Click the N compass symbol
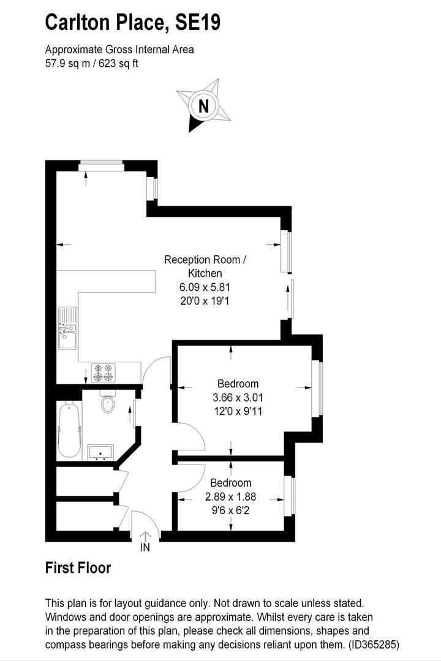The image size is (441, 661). click(x=205, y=105)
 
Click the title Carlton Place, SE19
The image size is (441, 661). click(x=133, y=23)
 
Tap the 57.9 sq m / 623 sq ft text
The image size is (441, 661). click(x=92, y=63)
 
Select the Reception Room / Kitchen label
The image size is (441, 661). click(x=205, y=266)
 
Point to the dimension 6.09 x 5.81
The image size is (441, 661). click(x=205, y=287)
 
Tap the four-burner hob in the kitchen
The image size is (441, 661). click(x=104, y=373)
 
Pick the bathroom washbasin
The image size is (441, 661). click(x=100, y=452)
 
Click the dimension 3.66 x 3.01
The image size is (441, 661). click(x=230, y=397)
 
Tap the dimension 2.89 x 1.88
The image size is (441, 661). click(x=230, y=496)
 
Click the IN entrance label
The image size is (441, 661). click(x=145, y=547)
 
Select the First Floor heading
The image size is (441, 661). click(x=78, y=568)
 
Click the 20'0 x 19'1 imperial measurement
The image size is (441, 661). click(x=205, y=301)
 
